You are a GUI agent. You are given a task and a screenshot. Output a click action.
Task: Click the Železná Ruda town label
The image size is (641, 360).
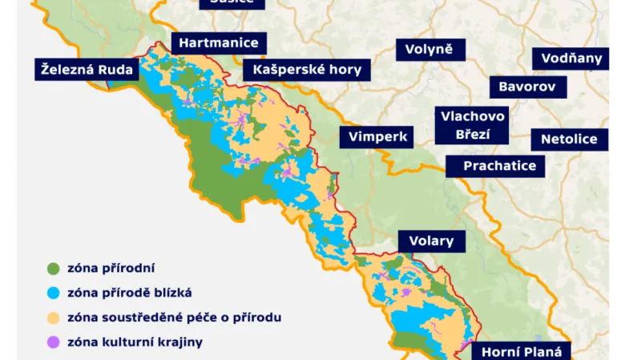point(88,70)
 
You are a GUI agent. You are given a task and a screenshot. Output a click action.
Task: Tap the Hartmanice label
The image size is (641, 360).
point(219,43)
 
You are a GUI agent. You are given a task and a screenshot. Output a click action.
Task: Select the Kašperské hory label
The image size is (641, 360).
point(307,70)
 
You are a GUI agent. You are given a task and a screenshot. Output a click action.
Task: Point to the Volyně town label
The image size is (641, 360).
point(429,50)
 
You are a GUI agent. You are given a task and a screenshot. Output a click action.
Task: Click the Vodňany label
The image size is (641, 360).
point(570,59)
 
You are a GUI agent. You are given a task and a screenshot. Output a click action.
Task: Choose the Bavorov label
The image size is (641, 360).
point(528,87)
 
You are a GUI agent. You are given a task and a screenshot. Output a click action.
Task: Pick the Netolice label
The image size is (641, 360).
point(569,140)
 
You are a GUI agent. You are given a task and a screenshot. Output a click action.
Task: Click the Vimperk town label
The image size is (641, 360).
point(378,137)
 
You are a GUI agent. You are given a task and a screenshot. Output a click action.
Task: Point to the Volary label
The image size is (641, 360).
point(431,241)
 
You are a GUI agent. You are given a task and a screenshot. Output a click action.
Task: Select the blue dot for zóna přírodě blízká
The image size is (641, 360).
point(54,293)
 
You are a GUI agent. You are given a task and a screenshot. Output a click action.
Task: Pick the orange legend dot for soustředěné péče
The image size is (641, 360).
point(54,318)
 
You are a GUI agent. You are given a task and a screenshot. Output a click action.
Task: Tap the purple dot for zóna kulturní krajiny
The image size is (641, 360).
point(54,342)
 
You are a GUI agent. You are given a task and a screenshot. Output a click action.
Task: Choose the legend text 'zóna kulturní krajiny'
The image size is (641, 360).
point(135,342)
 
